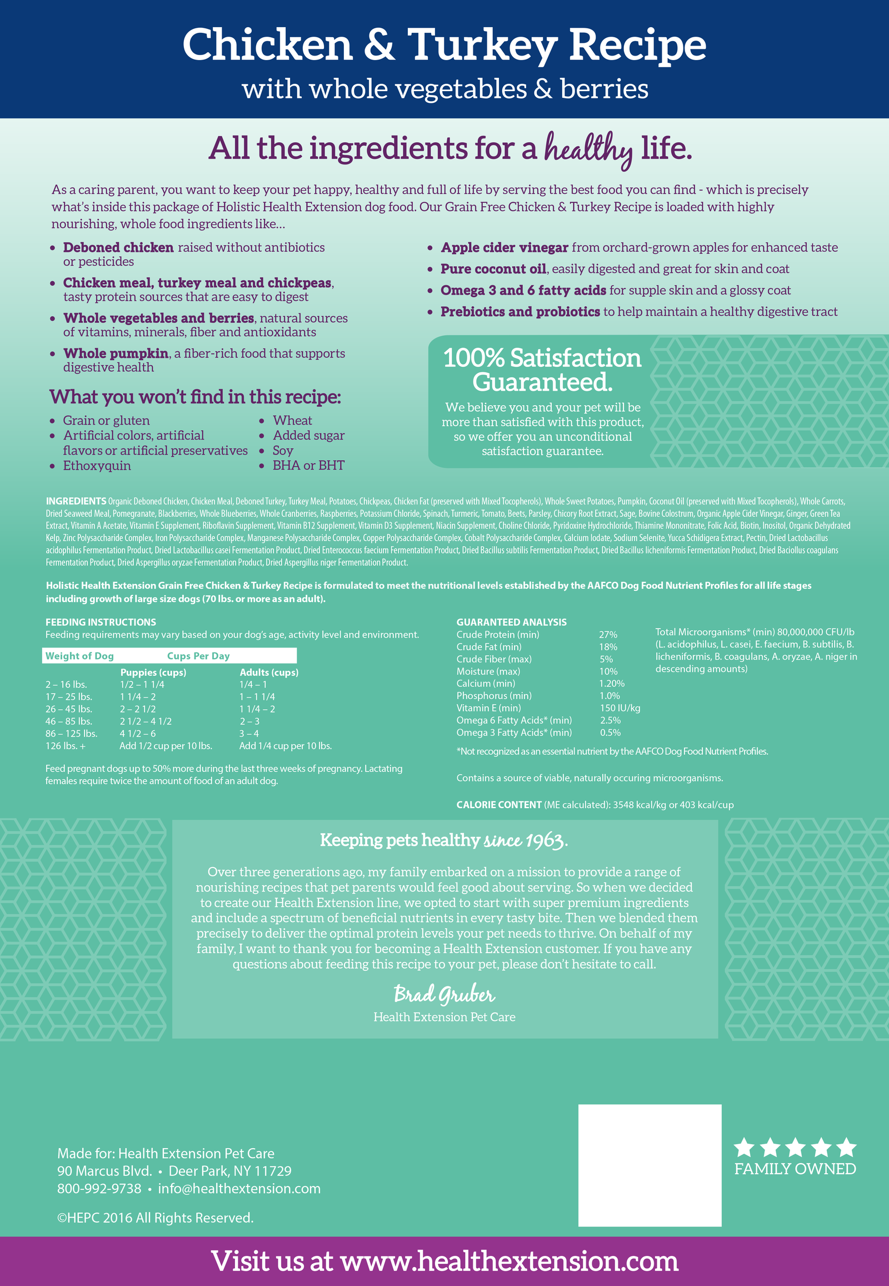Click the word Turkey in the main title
[x=482, y=46]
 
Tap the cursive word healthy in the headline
[x=588, y=149]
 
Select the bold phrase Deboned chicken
[x=118, y=247]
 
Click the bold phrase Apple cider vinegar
[x=504, y=247]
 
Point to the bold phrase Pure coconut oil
[x=493, y=269]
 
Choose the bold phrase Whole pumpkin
[x=116, y=353]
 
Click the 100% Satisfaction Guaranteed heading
[x=542, y=370]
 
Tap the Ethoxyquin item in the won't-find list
[x=97, y=466]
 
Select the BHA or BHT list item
[x=308, y=465]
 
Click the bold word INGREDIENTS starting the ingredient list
[x=76, y=501]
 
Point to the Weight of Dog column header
[x=79, y=656]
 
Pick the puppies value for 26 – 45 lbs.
[x=138, y=709]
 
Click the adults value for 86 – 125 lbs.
[x=249, y=734]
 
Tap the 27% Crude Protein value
[x=608, y=635]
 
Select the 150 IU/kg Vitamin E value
[x=620, y=708]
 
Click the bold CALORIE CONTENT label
[x=498, y=805]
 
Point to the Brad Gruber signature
[x=444, y=994]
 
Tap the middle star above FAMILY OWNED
[x=795, y=1148]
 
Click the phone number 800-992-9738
[x=99, y=1189]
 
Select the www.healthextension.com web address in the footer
[x=509, y=1261]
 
